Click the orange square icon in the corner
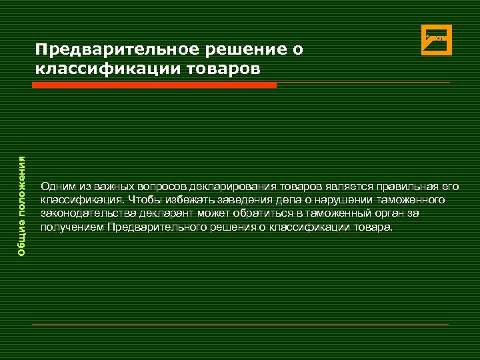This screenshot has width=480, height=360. [x=437, y=39]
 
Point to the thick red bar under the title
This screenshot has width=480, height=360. [x=154, y=85]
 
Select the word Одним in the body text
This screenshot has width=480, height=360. [x=55, y=185]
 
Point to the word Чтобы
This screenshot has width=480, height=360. [x=141, y=199]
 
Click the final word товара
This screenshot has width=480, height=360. [x=375, y=227]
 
